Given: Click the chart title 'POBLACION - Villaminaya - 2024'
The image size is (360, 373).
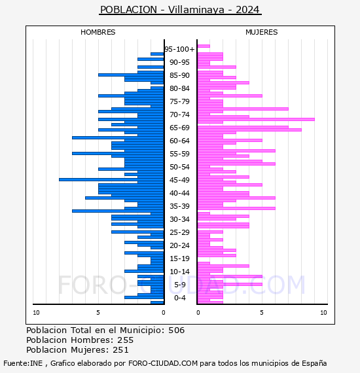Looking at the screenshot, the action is point(180,10).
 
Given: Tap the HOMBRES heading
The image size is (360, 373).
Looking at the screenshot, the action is point(98,32).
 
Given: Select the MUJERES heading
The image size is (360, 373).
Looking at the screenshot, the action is point(262,32).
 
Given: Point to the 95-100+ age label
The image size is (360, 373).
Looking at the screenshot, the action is point(179,49).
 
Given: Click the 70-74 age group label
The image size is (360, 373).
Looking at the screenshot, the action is point(179,115).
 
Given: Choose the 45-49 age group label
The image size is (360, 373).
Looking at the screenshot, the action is point(179,180).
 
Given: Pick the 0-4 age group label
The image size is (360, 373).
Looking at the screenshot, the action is point(179,298).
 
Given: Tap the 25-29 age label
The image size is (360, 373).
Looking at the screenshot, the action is point(179,232).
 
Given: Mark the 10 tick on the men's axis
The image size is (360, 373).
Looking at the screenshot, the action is point(36,313).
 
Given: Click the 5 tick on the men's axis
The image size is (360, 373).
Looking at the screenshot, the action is point(98,313).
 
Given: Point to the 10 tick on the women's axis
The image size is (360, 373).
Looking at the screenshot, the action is point(323,313).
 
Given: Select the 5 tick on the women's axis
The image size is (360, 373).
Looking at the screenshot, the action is point(262,313).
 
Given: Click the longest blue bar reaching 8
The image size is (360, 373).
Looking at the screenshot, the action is point(111,179).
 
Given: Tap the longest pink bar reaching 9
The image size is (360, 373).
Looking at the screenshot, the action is point(256,119).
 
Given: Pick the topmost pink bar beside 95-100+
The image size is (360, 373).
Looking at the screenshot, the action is point(204,46).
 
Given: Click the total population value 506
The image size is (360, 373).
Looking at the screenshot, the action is point(176,330).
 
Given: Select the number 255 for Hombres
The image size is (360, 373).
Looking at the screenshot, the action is point(126,340).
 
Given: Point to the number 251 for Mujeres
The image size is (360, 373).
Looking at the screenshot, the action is point(120,350).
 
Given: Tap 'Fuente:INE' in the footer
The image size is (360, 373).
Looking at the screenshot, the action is point(23,363).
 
